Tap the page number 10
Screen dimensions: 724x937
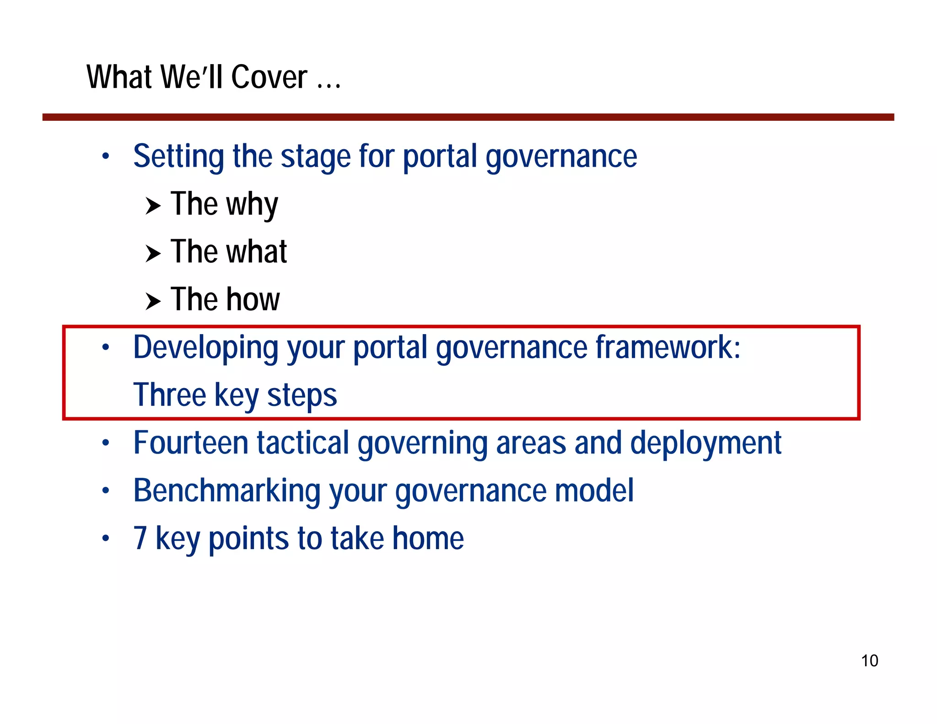point(869,661)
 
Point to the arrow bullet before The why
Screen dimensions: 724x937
point(153,206)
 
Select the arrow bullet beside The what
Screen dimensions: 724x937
point(153,254)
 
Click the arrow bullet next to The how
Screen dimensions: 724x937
point(153,301)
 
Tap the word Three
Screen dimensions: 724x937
point(170,394)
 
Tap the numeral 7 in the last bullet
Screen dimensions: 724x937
point(140,538)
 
